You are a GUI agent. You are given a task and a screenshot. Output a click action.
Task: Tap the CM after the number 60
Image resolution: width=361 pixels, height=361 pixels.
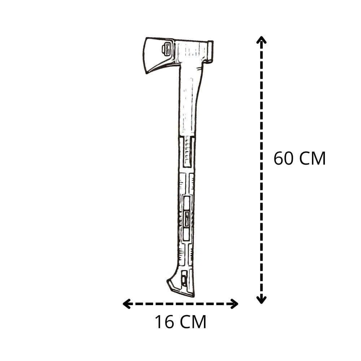(x=313, y=158)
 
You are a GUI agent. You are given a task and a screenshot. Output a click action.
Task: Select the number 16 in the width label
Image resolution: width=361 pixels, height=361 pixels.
(x=165, y=322)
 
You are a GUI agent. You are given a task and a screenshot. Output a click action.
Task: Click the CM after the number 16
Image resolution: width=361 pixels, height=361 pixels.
(x=193, y=322)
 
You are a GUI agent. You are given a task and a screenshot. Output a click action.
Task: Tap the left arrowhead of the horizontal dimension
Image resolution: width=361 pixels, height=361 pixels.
(x=126, y=304)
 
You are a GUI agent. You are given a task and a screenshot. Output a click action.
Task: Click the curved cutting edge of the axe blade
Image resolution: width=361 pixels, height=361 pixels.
(x=144, y=55)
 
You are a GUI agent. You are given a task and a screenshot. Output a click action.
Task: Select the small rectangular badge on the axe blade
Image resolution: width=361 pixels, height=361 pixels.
(x=166, y=49)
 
